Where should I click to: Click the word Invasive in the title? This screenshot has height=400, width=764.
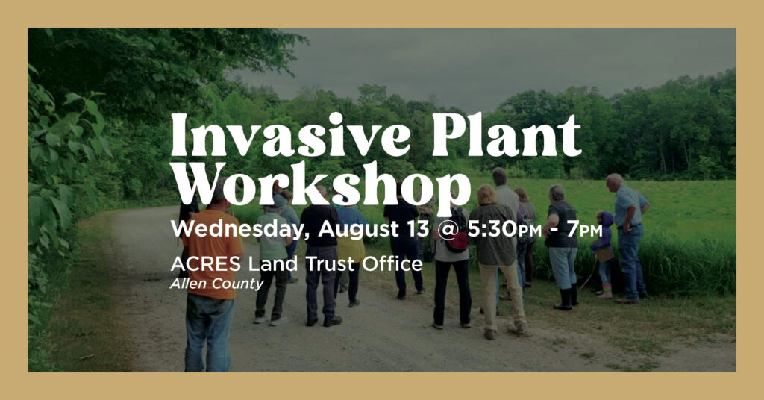290,135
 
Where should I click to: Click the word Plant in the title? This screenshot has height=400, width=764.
506,135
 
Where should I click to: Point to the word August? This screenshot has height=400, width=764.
361,228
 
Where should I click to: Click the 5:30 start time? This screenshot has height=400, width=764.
492,228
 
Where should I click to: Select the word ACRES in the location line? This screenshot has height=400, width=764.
206,264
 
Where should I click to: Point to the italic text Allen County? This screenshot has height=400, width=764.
217,284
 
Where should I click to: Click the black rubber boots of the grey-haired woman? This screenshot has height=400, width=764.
566,299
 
